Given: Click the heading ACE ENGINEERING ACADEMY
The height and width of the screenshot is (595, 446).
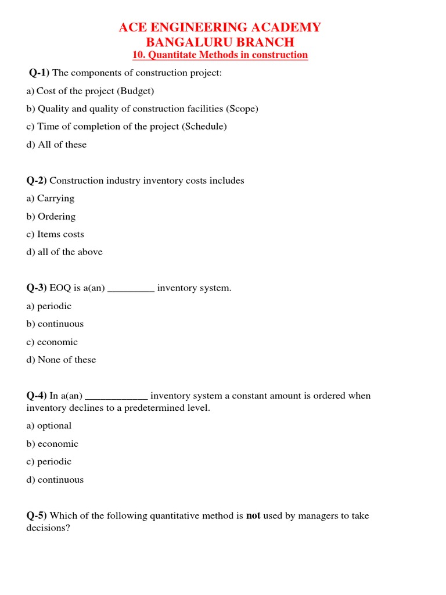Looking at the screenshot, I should pos(220,27).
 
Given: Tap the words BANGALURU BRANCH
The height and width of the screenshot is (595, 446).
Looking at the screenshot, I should pos(220,42).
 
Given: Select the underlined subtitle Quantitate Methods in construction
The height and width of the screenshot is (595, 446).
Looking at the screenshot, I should pos(220,55).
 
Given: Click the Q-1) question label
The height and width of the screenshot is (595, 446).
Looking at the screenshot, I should pos(39,73).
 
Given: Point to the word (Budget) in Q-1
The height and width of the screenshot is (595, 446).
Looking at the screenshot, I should pos(135,91).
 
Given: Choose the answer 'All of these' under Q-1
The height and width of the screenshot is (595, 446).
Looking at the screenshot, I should pos(62,145).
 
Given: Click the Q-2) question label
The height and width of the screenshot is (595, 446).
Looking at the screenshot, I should pos(37,181).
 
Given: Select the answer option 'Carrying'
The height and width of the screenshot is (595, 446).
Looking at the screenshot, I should pos(56,198).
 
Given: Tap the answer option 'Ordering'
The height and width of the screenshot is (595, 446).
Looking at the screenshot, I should pos(56,216).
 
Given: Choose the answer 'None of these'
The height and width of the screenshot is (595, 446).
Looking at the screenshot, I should pos(67,360).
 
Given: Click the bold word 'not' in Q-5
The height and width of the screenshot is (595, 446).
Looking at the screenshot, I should pos(253,515).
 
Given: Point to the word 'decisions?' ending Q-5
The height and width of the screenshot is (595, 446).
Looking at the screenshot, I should pos(48,528).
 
